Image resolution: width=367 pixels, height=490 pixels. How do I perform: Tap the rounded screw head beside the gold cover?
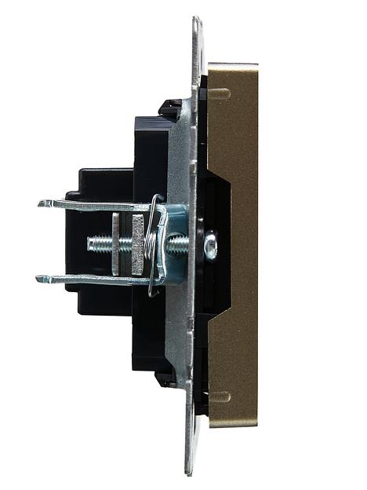(x=210, y=246)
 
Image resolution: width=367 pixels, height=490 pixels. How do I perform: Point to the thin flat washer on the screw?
(x=116, y=244)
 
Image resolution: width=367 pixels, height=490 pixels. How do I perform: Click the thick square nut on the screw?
(x=138, y=244)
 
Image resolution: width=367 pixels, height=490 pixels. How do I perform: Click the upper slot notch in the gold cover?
(x=220, y=94)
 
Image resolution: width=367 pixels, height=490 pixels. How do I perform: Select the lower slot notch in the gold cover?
(x=220, y=397)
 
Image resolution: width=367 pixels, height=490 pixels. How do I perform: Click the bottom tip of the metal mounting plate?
(x=189, y=471)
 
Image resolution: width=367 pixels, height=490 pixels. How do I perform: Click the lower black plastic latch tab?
(x=165, y=380)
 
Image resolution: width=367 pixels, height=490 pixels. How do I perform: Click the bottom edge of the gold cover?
(x=233, y=425)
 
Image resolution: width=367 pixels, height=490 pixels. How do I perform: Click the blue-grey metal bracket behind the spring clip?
(x=176, y=216)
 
